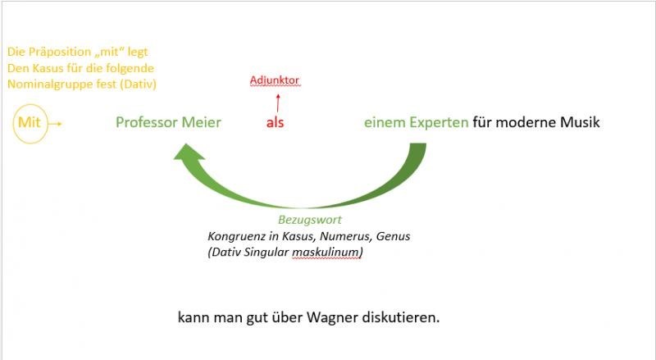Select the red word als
point(275,124)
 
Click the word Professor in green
point(146,123)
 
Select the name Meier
point(202,123)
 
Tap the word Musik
point(579,123)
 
